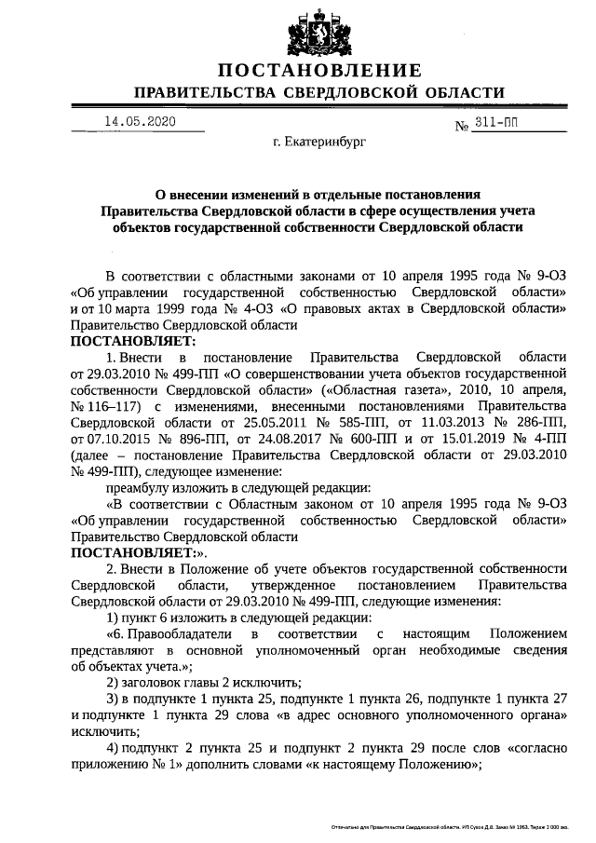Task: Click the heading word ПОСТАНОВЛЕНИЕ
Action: (319, 71)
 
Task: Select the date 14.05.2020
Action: (140, 122)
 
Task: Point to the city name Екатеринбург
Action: (320, 145)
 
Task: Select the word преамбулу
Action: (141, 487)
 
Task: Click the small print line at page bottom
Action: (462, 827)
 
